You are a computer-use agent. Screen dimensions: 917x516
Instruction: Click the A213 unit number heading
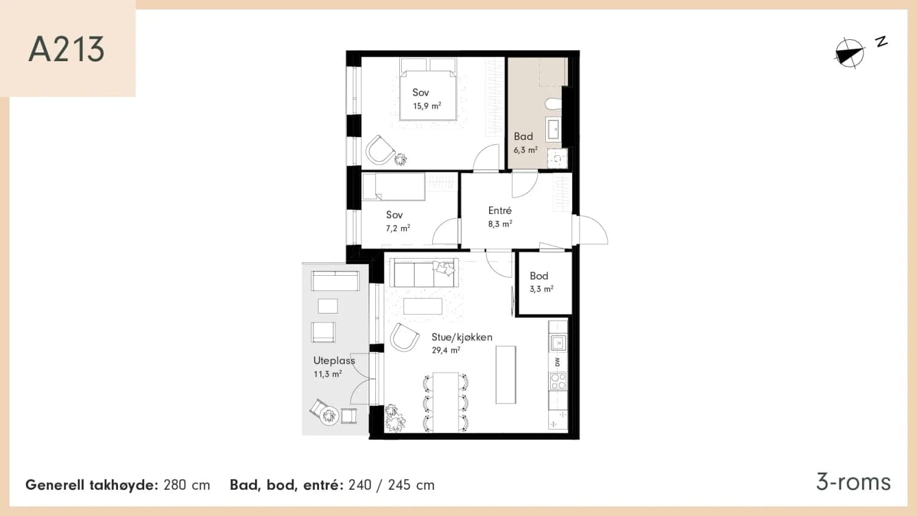67,49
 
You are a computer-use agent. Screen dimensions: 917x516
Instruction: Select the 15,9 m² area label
427,106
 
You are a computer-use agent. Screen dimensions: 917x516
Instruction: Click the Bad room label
523,136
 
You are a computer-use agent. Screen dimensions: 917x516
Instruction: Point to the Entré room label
500,210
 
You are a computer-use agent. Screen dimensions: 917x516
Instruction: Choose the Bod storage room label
539,276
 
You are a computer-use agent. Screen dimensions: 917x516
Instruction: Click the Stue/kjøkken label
462,337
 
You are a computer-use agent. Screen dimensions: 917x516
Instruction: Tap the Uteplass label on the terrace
334,361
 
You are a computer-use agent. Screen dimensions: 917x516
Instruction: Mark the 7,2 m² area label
398,229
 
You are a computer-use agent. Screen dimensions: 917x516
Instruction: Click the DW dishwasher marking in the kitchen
557,362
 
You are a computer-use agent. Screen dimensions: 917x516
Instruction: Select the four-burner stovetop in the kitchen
558,381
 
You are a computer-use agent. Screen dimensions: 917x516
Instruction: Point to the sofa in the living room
424,272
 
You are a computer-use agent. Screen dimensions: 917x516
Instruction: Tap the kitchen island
506,375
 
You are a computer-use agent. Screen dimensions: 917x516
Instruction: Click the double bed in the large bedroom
428,89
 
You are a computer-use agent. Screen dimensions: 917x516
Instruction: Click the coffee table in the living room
423,306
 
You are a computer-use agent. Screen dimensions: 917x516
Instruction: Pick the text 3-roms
853,482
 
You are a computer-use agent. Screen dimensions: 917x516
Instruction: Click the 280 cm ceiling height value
186,485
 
